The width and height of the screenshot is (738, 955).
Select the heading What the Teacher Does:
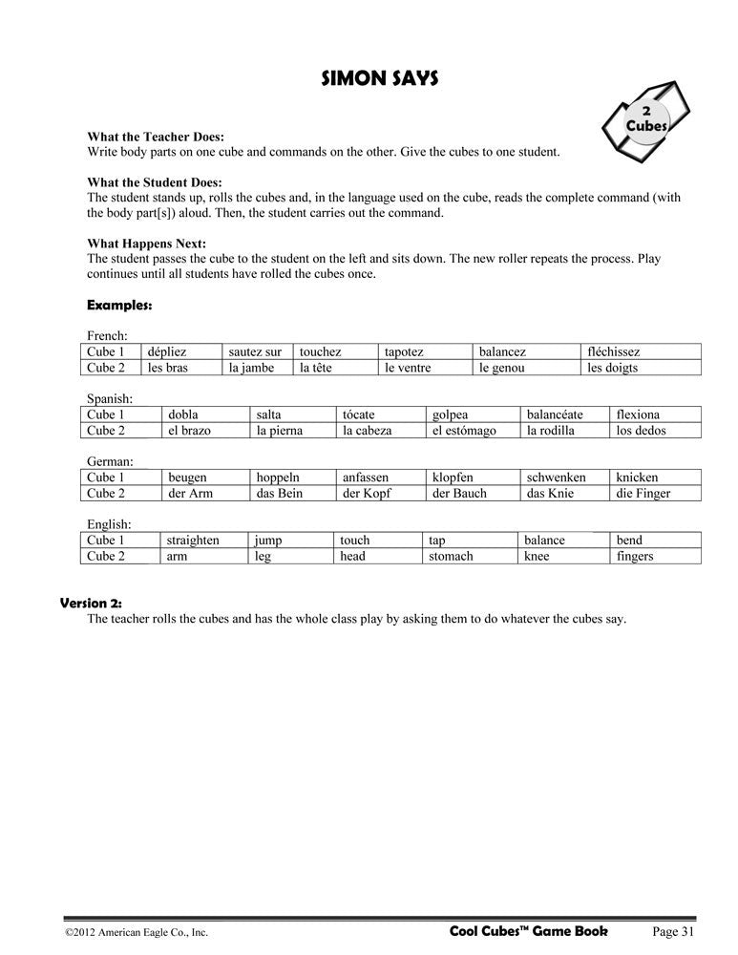click(156, 137)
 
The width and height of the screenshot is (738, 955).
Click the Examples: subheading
click(119, 306)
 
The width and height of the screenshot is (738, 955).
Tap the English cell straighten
click(193, 541)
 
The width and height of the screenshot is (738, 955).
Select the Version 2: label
click(92, 603)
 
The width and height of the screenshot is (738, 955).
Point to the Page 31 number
click(674, 931)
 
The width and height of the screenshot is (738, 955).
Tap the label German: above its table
click(110, 461)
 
